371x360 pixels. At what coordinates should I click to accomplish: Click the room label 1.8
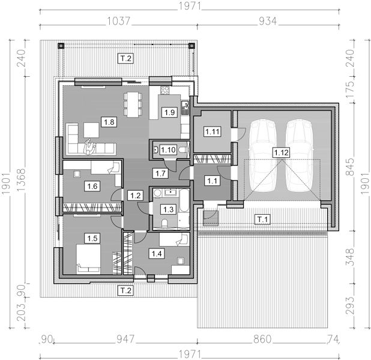coord(109,122)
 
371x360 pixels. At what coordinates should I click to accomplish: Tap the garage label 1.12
coord(282,152)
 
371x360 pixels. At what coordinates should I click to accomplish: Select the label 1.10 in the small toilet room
coord(168,150)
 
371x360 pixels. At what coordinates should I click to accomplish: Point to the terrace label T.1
coord(262,220)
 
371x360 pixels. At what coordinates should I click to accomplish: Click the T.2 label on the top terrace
coord(125,58)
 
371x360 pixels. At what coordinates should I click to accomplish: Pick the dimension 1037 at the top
coord(119,21)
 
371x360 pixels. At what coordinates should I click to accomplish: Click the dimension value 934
coord(268,21)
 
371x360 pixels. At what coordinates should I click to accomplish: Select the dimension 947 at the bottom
coord(125,339)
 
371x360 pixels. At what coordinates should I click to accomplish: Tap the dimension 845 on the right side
coord(350,167)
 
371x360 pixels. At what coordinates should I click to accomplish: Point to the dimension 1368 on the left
coord(21,180)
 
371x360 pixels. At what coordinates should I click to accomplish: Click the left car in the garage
coord(262,155)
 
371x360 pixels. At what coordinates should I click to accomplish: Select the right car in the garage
coord(300,155)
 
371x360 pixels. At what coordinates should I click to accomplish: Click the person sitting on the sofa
coord(89,146)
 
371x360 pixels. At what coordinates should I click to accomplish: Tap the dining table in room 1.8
coord(133,104)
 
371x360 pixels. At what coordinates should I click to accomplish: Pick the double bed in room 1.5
coord(88,259)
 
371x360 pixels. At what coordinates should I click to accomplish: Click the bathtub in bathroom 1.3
coord(184,200)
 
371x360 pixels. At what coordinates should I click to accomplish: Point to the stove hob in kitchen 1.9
coord(165,90)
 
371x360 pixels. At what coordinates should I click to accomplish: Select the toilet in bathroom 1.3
coord(164,223)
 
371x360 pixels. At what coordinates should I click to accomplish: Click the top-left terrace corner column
coord(61,46)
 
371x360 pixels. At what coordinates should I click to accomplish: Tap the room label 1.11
coord(213,131)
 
